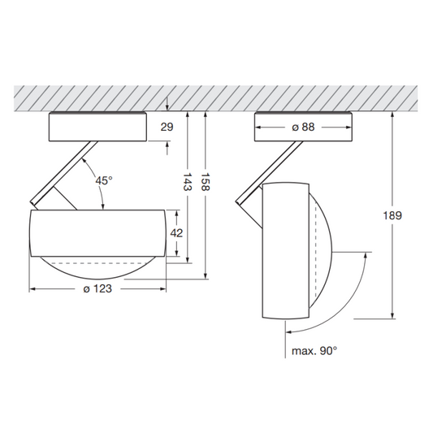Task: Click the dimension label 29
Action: pos(167,127)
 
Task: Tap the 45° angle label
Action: pos(104,180)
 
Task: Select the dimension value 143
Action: pos(188,182)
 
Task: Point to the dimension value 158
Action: pos(206,182)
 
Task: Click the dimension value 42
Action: pos(176,233)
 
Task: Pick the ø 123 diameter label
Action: pos(97,289)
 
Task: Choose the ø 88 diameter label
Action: pos(303,127)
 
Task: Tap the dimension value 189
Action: pos(392,215)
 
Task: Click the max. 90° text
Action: pos(314,351)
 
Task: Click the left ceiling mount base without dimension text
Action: pos(97,127)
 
